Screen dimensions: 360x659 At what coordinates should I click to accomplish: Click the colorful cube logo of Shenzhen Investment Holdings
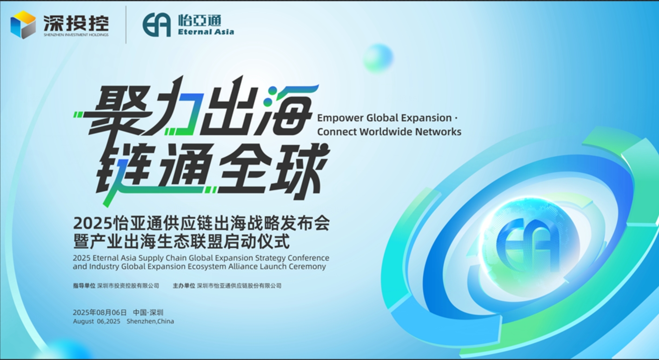[23, 25]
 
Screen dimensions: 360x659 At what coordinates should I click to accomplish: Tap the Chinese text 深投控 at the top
[76, 22]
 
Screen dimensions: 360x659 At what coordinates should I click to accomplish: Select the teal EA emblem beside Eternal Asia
[157, 25]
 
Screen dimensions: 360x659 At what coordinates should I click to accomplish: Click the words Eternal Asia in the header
[206, 32]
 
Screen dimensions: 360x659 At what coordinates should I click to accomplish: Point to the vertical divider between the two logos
[126, 25]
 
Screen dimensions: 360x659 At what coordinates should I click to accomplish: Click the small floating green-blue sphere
[378, 59]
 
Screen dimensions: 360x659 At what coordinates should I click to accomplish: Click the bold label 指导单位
[84, 286]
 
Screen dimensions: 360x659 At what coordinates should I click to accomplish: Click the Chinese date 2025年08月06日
[100, 313]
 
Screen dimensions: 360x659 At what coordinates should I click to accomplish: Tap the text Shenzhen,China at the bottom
[150, 321]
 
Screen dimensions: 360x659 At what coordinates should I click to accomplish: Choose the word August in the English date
[84, 321]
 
